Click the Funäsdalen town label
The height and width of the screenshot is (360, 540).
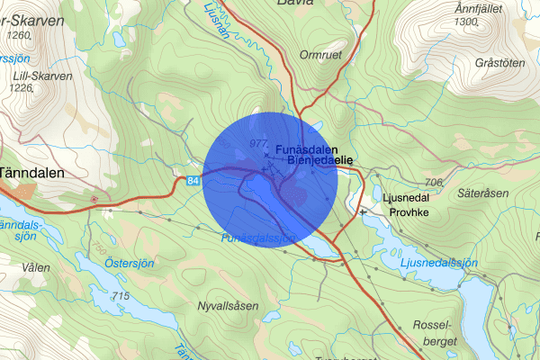coord(307,148)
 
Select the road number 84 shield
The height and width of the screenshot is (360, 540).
coord(194,182)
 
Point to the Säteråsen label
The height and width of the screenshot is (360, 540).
coord(482,193)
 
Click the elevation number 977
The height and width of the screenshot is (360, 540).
coord(258,144)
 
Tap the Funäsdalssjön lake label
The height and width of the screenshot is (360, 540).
coord(258,238)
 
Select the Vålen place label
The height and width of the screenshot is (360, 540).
coord(36,267)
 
